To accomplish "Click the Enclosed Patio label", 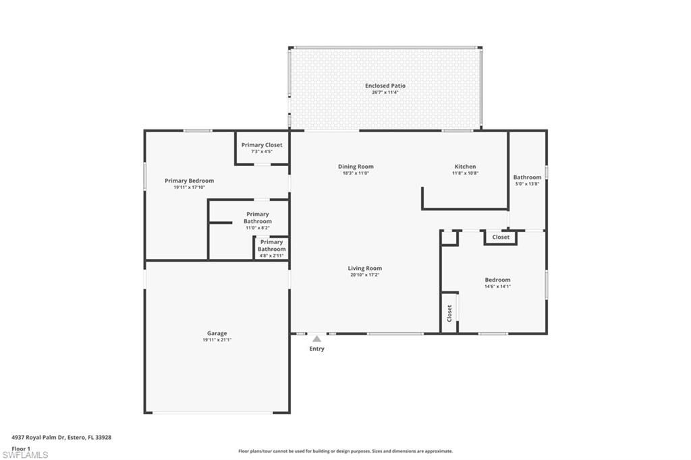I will (385, 86).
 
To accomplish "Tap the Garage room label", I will (217, 333).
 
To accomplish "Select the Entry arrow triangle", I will (316, 339).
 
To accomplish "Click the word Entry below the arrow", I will (316, 349).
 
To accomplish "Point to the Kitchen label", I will (464, 167).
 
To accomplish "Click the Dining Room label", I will (356, 167).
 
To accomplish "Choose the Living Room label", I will (365, 268).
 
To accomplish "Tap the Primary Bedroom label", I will (189, 181).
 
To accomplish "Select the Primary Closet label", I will (262, 145).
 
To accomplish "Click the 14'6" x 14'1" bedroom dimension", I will (497, 287).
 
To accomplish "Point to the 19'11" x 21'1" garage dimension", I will (217, 340).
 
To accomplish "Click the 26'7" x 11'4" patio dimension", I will (385, 92).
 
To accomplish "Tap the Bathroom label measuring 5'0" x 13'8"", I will (527, 177).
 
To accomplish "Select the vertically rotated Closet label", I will (449, 313).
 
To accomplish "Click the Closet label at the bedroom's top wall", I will (501, 237).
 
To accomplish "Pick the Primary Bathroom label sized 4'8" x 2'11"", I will (271, 246).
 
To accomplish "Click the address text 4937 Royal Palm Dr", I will (61, 437).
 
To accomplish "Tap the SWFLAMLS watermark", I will (25, 455).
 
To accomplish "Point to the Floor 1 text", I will (21, 449).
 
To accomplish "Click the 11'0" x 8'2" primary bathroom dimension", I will (257, 228).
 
